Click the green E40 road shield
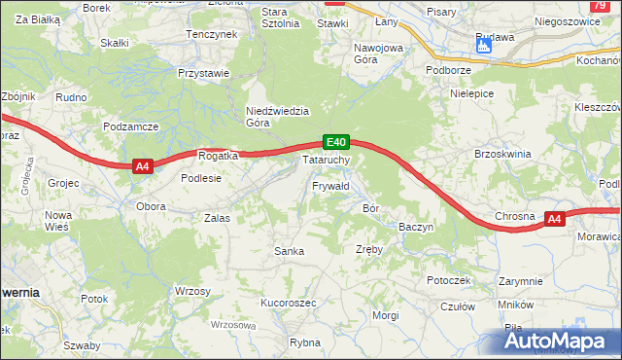(x=335, y=142)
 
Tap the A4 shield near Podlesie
(x=142, y=166)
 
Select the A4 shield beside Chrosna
(x=553, y=219)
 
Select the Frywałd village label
(x=330, y=185)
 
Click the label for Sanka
(x=290, y=251)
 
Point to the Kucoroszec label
(x=289, y=303)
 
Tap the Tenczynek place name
(x=212, y=35)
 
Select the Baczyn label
(x=415, y=226)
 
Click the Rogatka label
(x=218, y=156)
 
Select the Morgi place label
(x=385, y=315)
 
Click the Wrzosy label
(x=192, y=291)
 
